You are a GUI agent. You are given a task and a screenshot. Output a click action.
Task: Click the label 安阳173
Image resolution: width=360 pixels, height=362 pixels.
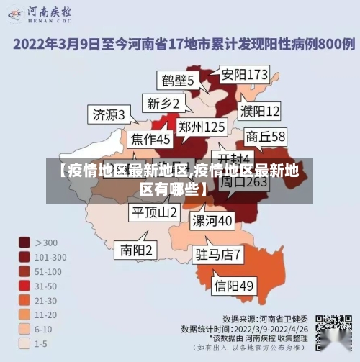tap(245, 74)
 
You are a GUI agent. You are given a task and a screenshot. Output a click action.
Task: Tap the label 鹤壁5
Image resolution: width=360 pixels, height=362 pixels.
tap(177, 80)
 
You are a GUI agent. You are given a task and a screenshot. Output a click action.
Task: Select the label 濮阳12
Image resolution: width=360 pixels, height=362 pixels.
tap(260, 111)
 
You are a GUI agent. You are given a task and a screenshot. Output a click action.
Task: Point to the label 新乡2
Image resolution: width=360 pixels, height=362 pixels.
tap(163, 103)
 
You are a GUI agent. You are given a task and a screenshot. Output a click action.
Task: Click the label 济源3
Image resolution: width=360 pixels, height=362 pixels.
tap(109, 114)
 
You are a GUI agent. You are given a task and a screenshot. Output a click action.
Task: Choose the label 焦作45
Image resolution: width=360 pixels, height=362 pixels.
tap(150, 138)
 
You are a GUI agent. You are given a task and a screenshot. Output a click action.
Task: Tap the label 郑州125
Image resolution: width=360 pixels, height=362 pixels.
tap(202, 127)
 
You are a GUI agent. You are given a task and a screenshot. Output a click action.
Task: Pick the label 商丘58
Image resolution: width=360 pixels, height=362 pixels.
tap(266, 136)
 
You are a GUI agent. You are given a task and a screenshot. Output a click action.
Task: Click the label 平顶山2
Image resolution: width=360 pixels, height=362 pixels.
tap(154, 212)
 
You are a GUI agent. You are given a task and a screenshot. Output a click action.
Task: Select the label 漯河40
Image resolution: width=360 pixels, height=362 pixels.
tap(212, 219)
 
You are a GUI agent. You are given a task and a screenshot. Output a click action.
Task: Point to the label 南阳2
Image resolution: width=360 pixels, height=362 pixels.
tap(136, 250)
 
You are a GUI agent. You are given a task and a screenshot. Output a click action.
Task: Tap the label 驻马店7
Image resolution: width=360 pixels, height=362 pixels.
tap(218, 254)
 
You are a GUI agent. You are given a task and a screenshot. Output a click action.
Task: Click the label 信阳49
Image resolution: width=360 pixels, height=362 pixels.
tap(234, 286)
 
